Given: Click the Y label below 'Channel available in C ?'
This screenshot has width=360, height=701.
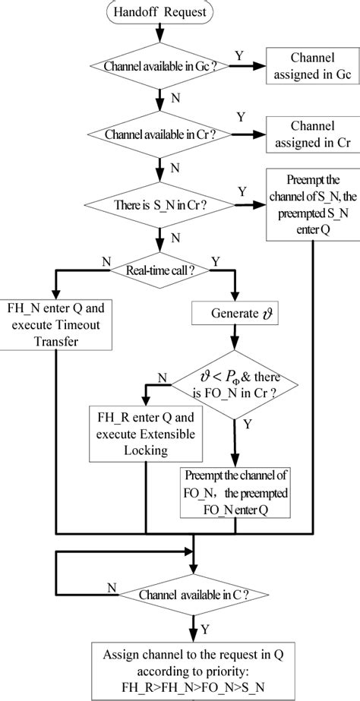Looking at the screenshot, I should click(204, 628).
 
